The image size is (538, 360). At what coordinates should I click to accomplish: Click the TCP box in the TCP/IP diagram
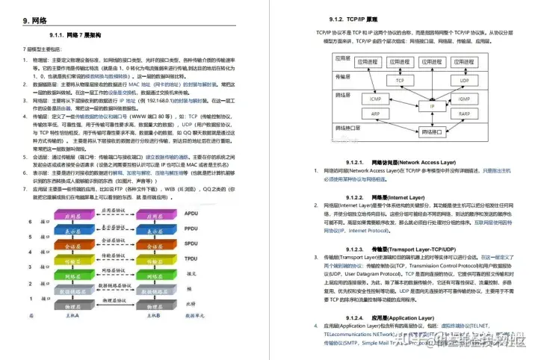click(401, 80)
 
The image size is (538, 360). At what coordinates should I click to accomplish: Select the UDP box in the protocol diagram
click(464, 80)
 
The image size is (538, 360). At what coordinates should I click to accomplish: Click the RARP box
click(464, 114)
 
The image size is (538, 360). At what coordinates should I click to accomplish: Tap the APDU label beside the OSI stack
click(190, 214)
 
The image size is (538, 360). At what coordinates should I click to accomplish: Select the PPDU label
click(190, 228)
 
